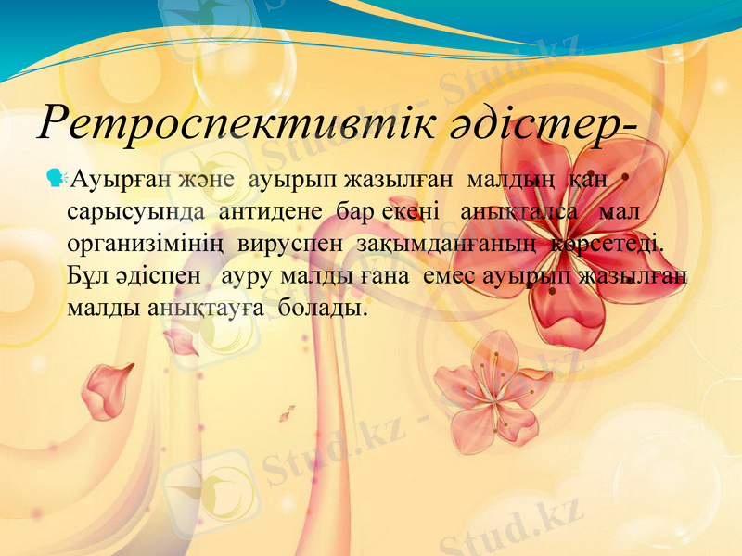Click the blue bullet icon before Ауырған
(x=58, y=176)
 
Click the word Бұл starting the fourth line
(x=85, y=275)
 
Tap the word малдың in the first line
(x=509, y=178)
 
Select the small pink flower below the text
(x=492, y=389)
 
